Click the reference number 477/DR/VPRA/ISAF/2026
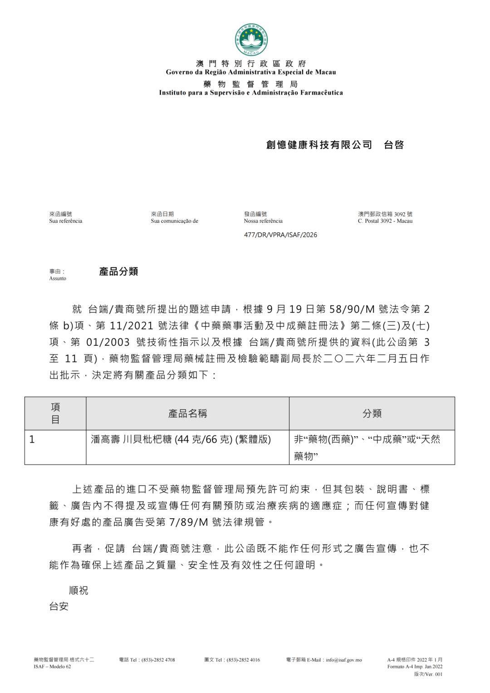point(280,235)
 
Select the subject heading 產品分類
point(118,271)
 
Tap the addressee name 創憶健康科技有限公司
point(319,145)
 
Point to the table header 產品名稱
point(187,413)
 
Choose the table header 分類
point(372,413)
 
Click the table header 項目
point(55,413)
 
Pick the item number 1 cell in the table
point(33,439)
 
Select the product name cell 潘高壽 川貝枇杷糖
point(181,439)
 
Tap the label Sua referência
point(66,221)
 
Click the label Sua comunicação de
point(174,221)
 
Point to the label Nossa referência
point(263,221)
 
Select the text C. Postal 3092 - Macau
point(385,221)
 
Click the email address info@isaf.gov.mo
point(343,660)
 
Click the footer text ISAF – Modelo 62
point(53,667)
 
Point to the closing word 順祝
point(78,590)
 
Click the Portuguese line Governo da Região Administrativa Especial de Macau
point(251,72)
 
